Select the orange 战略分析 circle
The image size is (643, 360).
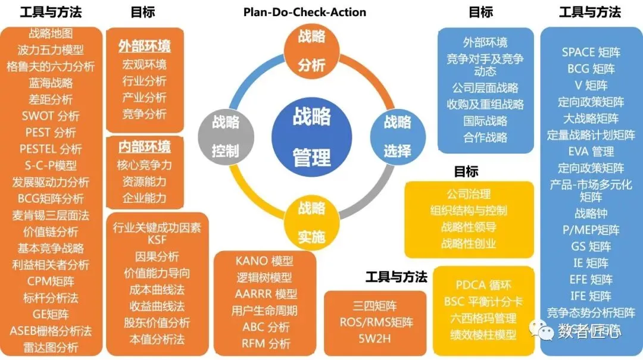[x=311, y=50]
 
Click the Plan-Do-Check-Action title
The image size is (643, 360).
[x=305, y=12]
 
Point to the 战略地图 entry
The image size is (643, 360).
[x=51, y=34]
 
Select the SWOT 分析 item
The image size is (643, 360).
[x=51, y=115]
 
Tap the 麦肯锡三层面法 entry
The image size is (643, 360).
[x=51, y=215]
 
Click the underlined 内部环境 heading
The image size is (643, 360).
[x=144, y=146]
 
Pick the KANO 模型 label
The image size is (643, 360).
[x=264, y=261]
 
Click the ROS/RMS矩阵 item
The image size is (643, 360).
[x=375, y=323]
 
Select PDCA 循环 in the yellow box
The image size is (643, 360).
[x=483, y=285]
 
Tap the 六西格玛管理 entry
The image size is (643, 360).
[x=483, y=318]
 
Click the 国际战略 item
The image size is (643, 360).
[x=485, y=121]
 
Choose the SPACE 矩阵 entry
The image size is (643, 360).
[x=591, y=52]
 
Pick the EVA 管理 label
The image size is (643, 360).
[x=591, y=151]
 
